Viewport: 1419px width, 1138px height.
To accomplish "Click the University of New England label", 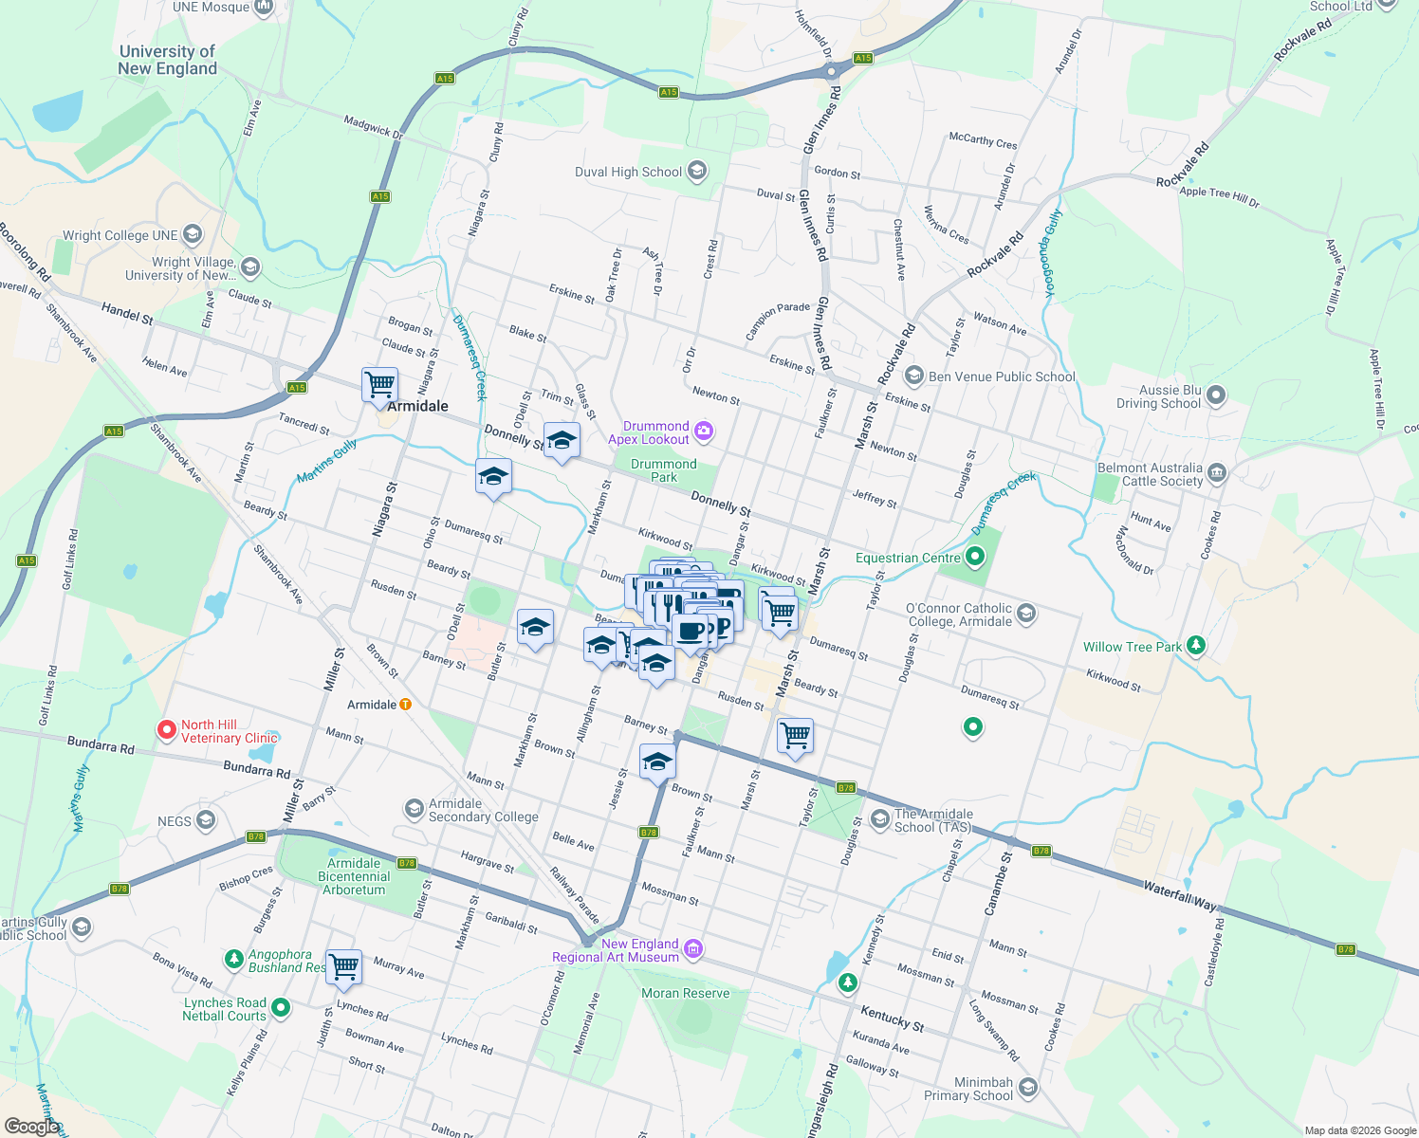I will pos(168,60).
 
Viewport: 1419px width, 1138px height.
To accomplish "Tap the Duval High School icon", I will pos(697,172).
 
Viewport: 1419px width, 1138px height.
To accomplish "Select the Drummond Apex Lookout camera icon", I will pos(704,431).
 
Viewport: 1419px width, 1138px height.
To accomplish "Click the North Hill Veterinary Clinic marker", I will pos(167,730).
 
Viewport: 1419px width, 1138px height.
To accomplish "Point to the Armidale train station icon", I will pos(406,705).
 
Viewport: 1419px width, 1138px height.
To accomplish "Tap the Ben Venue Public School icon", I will pos(913,376).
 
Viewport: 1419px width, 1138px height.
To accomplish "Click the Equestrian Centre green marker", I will pos(975,557).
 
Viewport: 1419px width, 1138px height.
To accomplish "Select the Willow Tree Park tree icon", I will pos(1196,646).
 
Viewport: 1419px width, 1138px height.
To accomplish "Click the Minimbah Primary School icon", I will pos(1028,1088).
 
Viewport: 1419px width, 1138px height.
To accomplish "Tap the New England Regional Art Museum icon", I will pos(693,949).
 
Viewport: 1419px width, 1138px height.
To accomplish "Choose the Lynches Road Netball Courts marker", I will pos(281,1008).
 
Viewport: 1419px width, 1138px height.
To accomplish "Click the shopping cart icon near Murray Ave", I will pos(343,966).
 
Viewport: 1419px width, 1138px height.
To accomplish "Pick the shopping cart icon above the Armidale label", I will pos(379,385).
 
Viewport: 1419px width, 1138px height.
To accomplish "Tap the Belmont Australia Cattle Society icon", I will pos(1217,473).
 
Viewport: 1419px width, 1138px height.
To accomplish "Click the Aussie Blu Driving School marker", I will pos(1217,395).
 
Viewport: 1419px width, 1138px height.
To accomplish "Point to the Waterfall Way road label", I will pos(1179,895).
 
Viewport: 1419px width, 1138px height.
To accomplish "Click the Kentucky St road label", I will pos(892,1019).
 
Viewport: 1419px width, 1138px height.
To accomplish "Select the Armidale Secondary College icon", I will pos(414,808).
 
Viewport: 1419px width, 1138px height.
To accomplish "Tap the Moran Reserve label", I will pos(686,993).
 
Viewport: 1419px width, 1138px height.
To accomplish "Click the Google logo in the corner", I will pos(31,1127).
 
